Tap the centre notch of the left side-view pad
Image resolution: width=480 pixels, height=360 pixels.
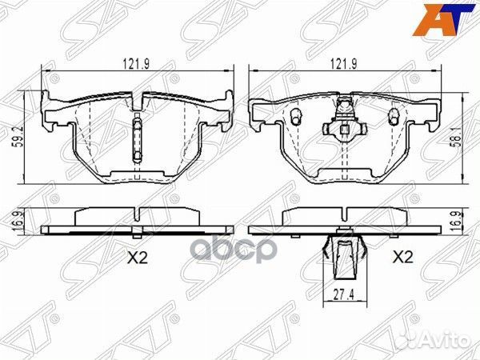[138, 215]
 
